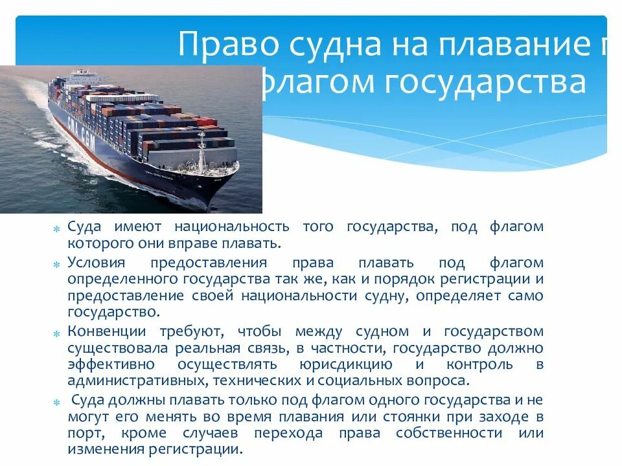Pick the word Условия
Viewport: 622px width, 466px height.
point(95,263)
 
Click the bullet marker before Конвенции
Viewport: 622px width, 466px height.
point(56,333)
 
